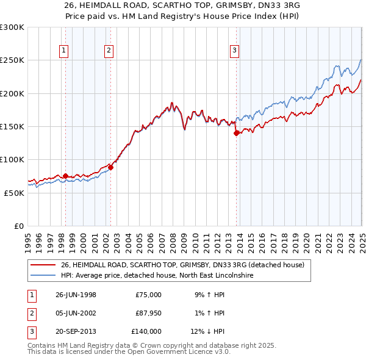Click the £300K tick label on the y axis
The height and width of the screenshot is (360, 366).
tap(12, 27)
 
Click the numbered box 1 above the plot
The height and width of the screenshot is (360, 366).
tap(64, 51)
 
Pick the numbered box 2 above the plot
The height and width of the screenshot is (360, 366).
tap(109, 51)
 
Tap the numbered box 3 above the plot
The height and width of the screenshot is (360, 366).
tap(234, 51)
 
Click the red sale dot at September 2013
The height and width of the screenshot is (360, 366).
tap(236, 134)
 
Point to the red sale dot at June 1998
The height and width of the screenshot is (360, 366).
tap(66, 176)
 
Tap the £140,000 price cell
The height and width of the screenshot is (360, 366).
tap(146, 331)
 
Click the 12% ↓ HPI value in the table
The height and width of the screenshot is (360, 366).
tap(208, 331)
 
